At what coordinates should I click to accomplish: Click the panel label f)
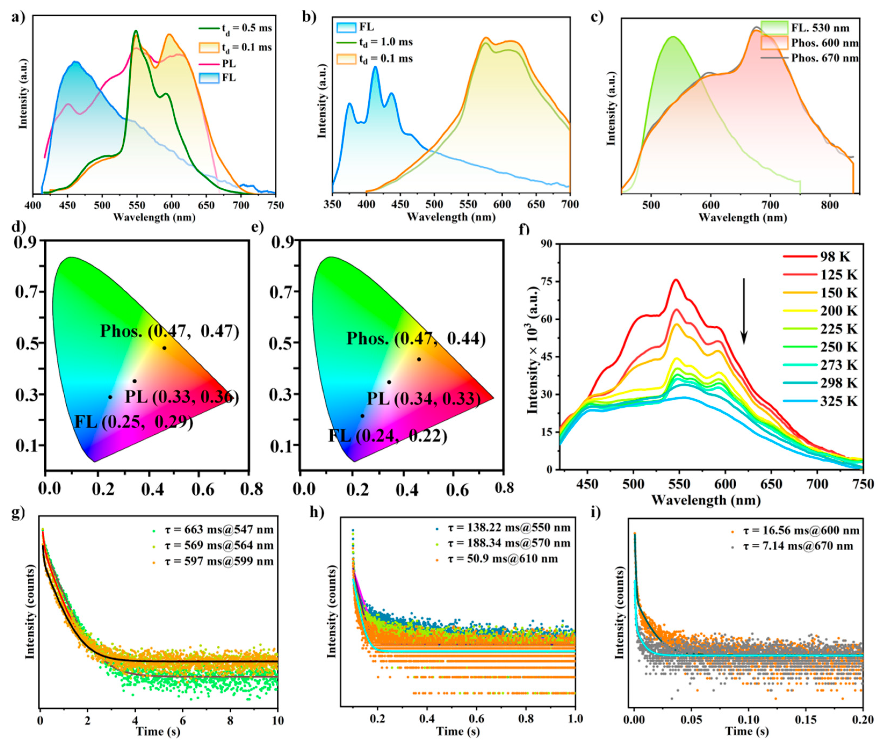tap(523, 229)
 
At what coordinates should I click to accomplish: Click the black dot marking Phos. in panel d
tap(164, 348)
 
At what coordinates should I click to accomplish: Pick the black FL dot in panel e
tap(362, 416)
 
